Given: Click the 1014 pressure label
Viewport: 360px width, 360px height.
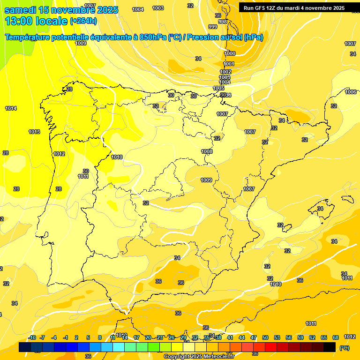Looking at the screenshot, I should tap(11, 108).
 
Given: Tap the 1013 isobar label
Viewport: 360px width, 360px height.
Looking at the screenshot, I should tap(34, 132).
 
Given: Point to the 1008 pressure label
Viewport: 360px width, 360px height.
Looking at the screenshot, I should tap(207, 151).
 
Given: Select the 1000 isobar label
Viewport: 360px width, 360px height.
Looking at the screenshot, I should tap(230, 53).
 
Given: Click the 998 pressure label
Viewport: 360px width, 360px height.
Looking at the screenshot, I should tap(223, 22).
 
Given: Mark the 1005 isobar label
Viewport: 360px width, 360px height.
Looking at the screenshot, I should tap(219, 88).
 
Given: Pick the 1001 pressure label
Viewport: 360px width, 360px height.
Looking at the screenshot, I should tap(228, 64).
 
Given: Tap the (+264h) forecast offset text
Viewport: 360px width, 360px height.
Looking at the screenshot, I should tap(83, 21).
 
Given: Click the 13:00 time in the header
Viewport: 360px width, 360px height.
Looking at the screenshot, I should tap(19, 21).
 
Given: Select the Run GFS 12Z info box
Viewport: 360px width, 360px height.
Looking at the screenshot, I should tap(294, 8).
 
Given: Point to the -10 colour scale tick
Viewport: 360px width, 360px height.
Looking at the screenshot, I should tap(32, 337).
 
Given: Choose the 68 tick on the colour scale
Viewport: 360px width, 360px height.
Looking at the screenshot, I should tap(336, 337).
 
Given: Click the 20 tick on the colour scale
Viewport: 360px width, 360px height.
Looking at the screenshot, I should tap(148, 337).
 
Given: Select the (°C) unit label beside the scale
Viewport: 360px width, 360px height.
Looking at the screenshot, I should tap(345, 348).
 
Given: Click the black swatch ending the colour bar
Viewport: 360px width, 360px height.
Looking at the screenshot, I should tap(330, 347).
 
